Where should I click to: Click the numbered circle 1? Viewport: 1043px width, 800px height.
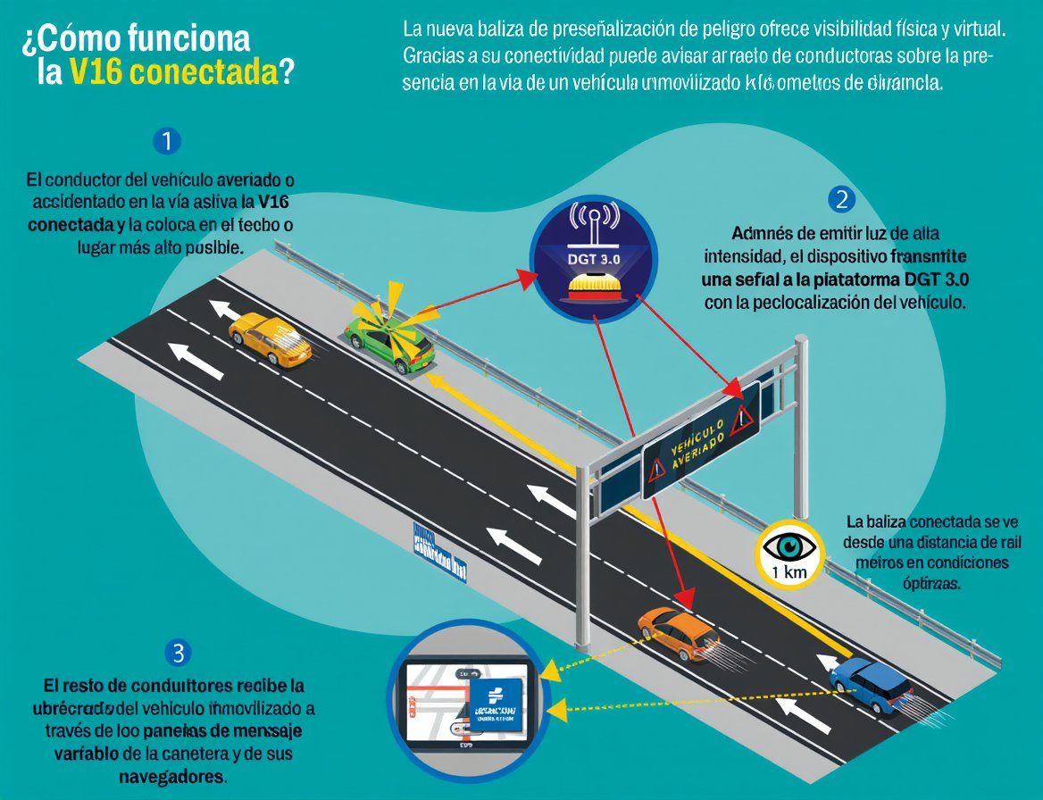point(167,141)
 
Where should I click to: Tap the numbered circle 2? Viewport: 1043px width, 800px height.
point(840,199)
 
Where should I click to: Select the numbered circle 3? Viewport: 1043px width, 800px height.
point(179,653)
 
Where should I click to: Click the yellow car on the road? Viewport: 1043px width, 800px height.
point(269,338)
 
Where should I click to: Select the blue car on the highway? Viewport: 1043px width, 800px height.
point(872,685)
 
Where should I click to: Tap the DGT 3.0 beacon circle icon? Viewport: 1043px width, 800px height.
point(594,252)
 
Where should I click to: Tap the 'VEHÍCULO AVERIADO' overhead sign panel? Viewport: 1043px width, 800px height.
point(700,437)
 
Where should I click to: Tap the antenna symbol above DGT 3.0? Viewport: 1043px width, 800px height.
point(594,221)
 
